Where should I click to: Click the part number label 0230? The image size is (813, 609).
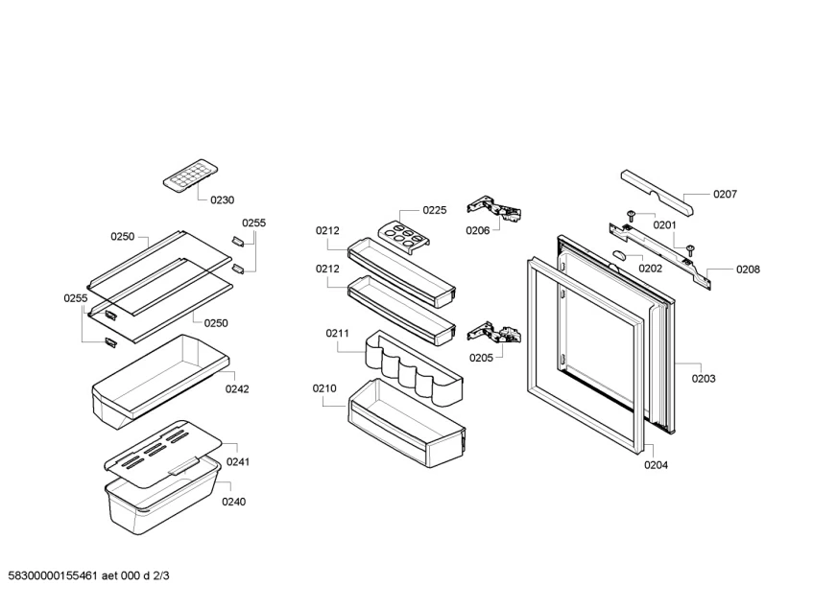pyautogui.click(x=221, y=200)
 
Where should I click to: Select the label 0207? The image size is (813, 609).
pyautogui.click(x=725, y=194)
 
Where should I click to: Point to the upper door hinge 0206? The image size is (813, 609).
pyautogui.click(x=493, y=208)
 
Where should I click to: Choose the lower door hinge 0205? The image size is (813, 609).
pyautogui.click(x=494, y=333)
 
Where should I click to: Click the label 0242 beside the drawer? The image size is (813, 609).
pyautogui.click(x=237, y=388)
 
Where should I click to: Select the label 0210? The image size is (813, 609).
pyautogui.click(x=324, y=388)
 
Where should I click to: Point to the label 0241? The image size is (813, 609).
pyautogui.click(x=238, y=461)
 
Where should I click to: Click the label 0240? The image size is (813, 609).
pyautogui.click(x=233, y=501)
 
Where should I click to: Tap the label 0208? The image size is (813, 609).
pyautogui.click(x=748, y=269)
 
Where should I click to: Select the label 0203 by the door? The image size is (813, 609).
pyautogui.click(x=704, y=378)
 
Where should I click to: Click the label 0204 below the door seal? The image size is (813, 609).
pyautogui.click(x=656, y=465)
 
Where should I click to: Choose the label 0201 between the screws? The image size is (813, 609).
pyautogui.click(x=665, y=225)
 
